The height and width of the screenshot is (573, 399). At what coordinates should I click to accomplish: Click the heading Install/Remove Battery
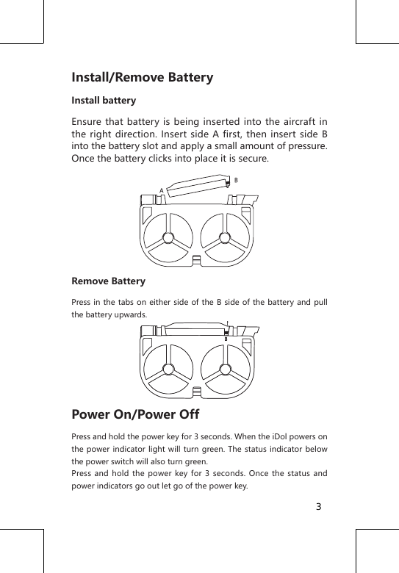click(142, 77)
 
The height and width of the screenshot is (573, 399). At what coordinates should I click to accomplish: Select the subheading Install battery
click(103, 100)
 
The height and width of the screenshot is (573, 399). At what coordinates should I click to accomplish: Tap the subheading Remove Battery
click(108, 281)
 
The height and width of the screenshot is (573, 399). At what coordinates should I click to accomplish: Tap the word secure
click(253, 159)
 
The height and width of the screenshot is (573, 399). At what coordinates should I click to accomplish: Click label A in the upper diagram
click(161, 190)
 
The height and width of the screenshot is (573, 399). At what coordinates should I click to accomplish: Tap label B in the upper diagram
click(236, 179)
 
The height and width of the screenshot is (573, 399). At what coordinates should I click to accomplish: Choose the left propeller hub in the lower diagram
click(170, 370)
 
